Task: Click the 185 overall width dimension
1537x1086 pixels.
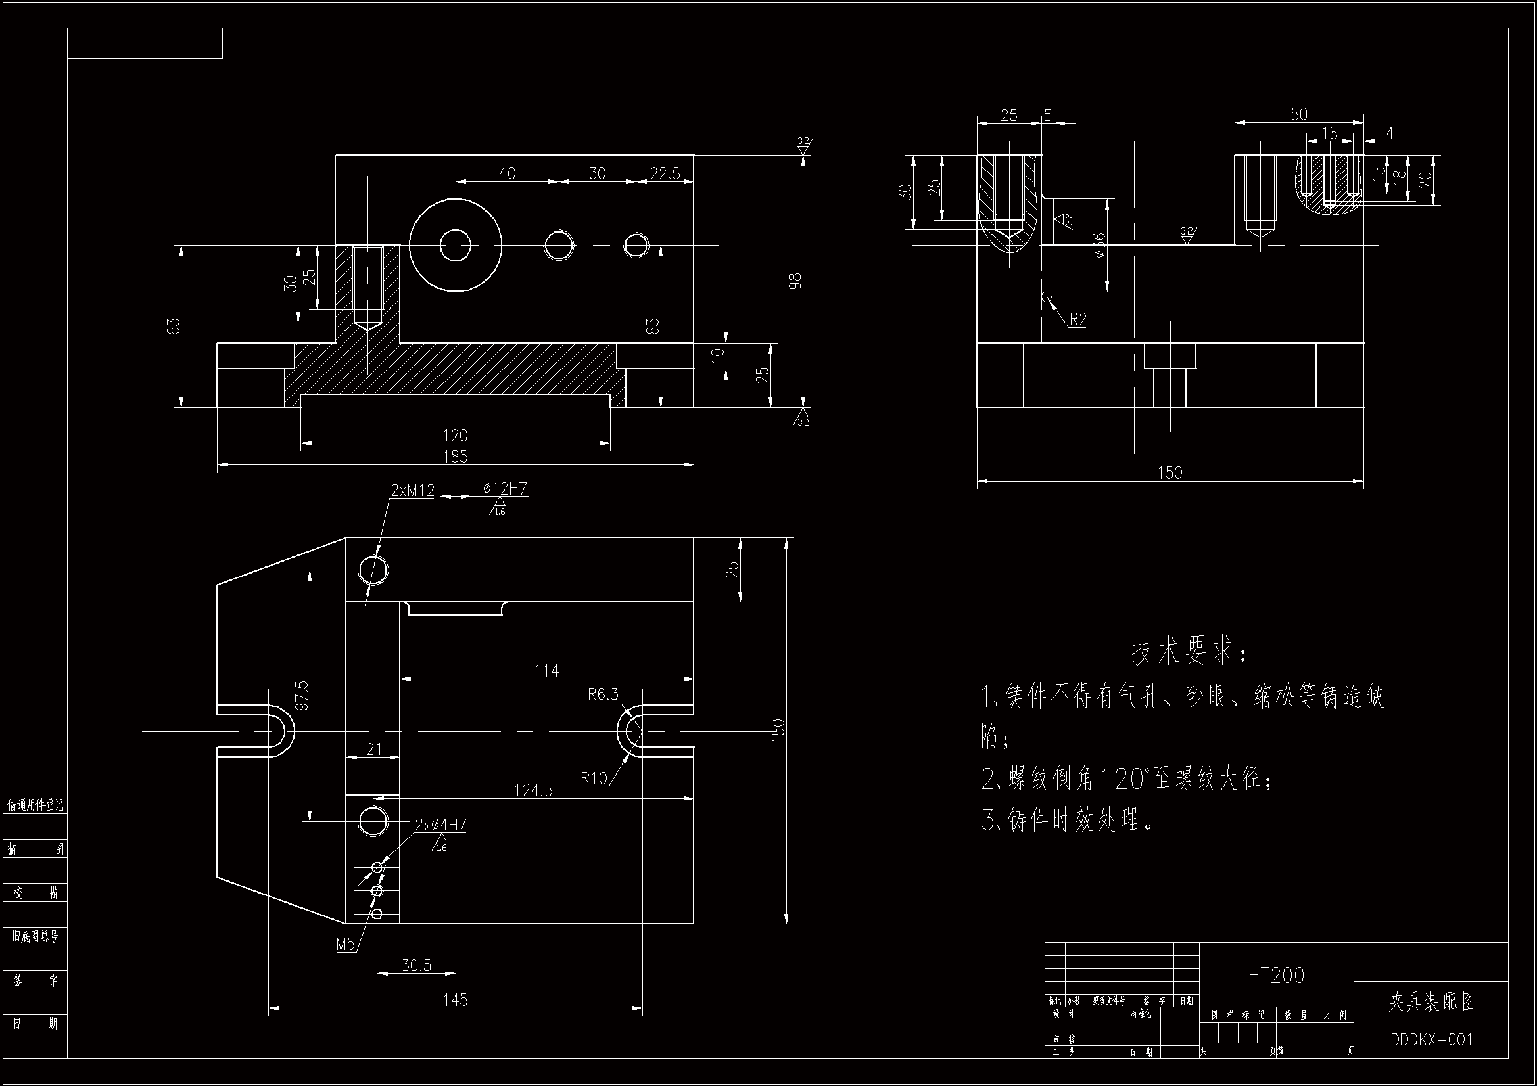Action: pyautogui.click(x=455, y=457)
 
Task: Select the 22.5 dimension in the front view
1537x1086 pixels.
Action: pyautogui.click(x=664, y=174)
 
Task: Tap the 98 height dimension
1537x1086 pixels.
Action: pyautogui.click(x=795, y=281)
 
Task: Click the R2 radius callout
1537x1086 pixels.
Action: pyautogui.click(x=1077, y=320)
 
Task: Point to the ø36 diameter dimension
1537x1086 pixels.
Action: pyautogui.click(x=1099, y=246)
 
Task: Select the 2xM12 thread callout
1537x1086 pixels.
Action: pyautogui.click(x=412, y=491)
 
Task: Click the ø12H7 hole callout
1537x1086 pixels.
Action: pyautogui.click(x=506, y=489)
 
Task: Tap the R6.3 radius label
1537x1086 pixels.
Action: pyautogui.click(x=603, y=694)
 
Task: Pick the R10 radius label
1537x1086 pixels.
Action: pyautogui.click(x=594, y=778)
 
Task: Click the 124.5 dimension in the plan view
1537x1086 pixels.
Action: pyautogui.click(x=533, y=790)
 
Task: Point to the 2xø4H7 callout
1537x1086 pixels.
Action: pyautogui.click(x=440, y=825)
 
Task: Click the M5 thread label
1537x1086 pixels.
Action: pyautogui.click(x=345, y=944)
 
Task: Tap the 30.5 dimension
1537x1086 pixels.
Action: pyautogui.click(x=416, y=965)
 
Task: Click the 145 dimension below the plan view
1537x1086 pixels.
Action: pyautogui.click(x=455, y=1000)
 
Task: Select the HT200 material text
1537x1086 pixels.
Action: pyautogui.click(x=1276, y=976)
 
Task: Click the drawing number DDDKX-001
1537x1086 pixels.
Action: pyautogui.click(x=1431, y=1039)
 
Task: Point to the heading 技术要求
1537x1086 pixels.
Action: pyautogui.click(x=1189, y=651)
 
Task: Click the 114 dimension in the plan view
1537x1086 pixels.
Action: pyautogui.click(x=546, y=671)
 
